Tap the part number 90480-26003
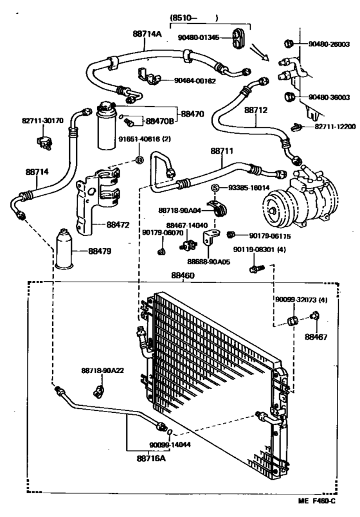328,44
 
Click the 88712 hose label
255,110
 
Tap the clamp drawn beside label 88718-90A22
100,389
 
